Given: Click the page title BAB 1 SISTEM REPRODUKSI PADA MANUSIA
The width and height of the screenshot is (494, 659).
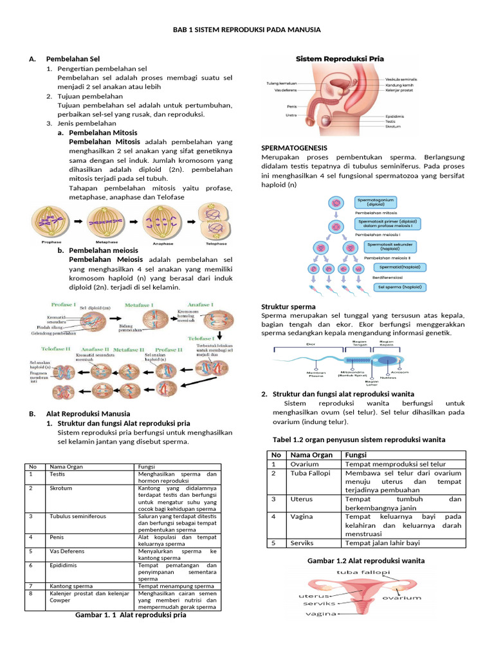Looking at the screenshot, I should coord(247,30).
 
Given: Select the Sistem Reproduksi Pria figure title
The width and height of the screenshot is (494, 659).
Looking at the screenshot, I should coord(339,59).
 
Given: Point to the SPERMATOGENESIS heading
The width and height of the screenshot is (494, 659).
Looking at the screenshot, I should coord(294,148).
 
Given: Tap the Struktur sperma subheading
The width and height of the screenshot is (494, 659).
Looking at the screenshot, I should coord(288,307).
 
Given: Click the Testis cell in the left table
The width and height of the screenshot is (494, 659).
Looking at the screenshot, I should coord(57,474).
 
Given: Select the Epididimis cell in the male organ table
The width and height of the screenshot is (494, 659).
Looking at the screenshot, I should coord(64,564).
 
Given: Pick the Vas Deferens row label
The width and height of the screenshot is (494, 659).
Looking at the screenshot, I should coord(67,551).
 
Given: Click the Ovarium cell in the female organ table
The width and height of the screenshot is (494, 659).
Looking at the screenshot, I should coord(304,464).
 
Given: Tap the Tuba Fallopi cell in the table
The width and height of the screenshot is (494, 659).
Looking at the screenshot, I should coord(310,473).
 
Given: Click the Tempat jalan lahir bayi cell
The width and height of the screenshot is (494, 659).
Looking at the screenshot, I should coord(382,543).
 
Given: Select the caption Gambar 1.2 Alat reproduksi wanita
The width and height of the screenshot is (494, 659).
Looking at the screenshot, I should coord(366,561).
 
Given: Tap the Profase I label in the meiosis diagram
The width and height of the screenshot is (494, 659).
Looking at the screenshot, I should coord(65,304).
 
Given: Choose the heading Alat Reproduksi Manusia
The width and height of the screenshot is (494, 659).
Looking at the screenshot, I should coord(87,413).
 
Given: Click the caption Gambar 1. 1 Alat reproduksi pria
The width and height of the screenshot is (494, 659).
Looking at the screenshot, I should coord(131,615).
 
